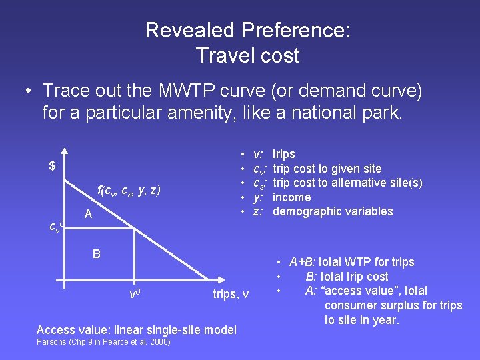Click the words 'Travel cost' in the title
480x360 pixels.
point(248,55)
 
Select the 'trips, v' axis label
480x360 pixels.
point(231,294)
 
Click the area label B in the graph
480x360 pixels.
point(97,253)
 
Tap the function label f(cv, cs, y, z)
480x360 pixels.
point(129,190)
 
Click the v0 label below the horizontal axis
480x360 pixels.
point(134,293)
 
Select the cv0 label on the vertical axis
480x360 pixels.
point(57,226)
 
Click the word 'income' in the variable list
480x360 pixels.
point(291,197)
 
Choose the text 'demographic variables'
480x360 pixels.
point(333,211)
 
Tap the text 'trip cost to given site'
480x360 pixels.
point(327,169)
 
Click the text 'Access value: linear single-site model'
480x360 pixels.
point(136,330)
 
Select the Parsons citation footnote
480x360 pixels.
point(103,343)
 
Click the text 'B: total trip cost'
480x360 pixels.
point(347,277)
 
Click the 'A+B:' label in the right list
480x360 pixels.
point(303,262)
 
